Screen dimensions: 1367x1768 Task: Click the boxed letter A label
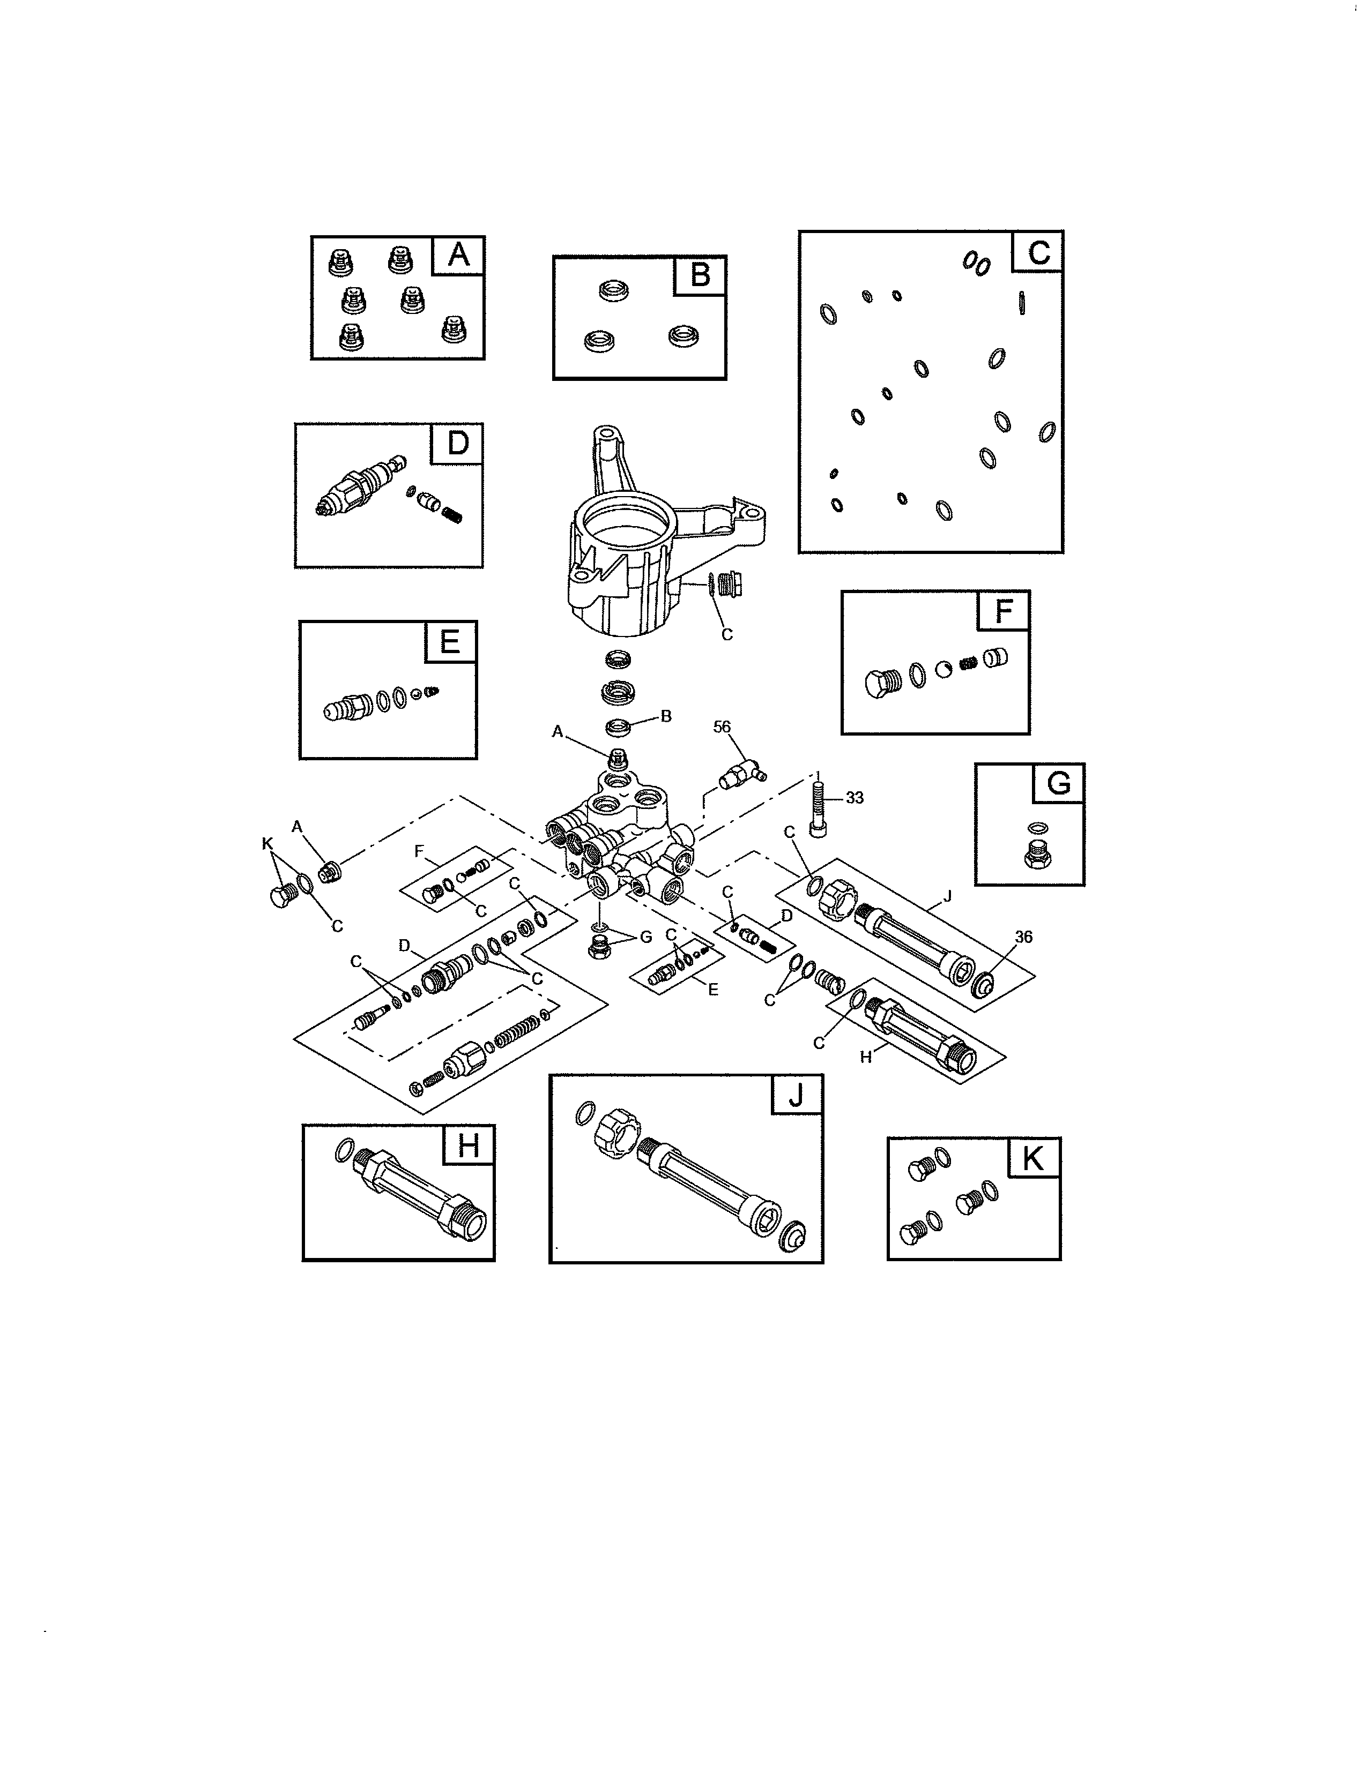click(458, 255)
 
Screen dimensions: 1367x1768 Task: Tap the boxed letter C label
click(1038, 252)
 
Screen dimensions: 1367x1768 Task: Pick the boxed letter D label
click(458, 443)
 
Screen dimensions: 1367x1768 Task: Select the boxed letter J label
click(797, 1095)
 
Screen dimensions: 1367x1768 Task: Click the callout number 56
click(722, 727)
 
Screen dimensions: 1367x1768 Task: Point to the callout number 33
click(855, 797)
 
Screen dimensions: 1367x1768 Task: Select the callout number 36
click(1023, 937)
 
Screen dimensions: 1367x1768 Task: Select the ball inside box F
click(943, 670)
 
